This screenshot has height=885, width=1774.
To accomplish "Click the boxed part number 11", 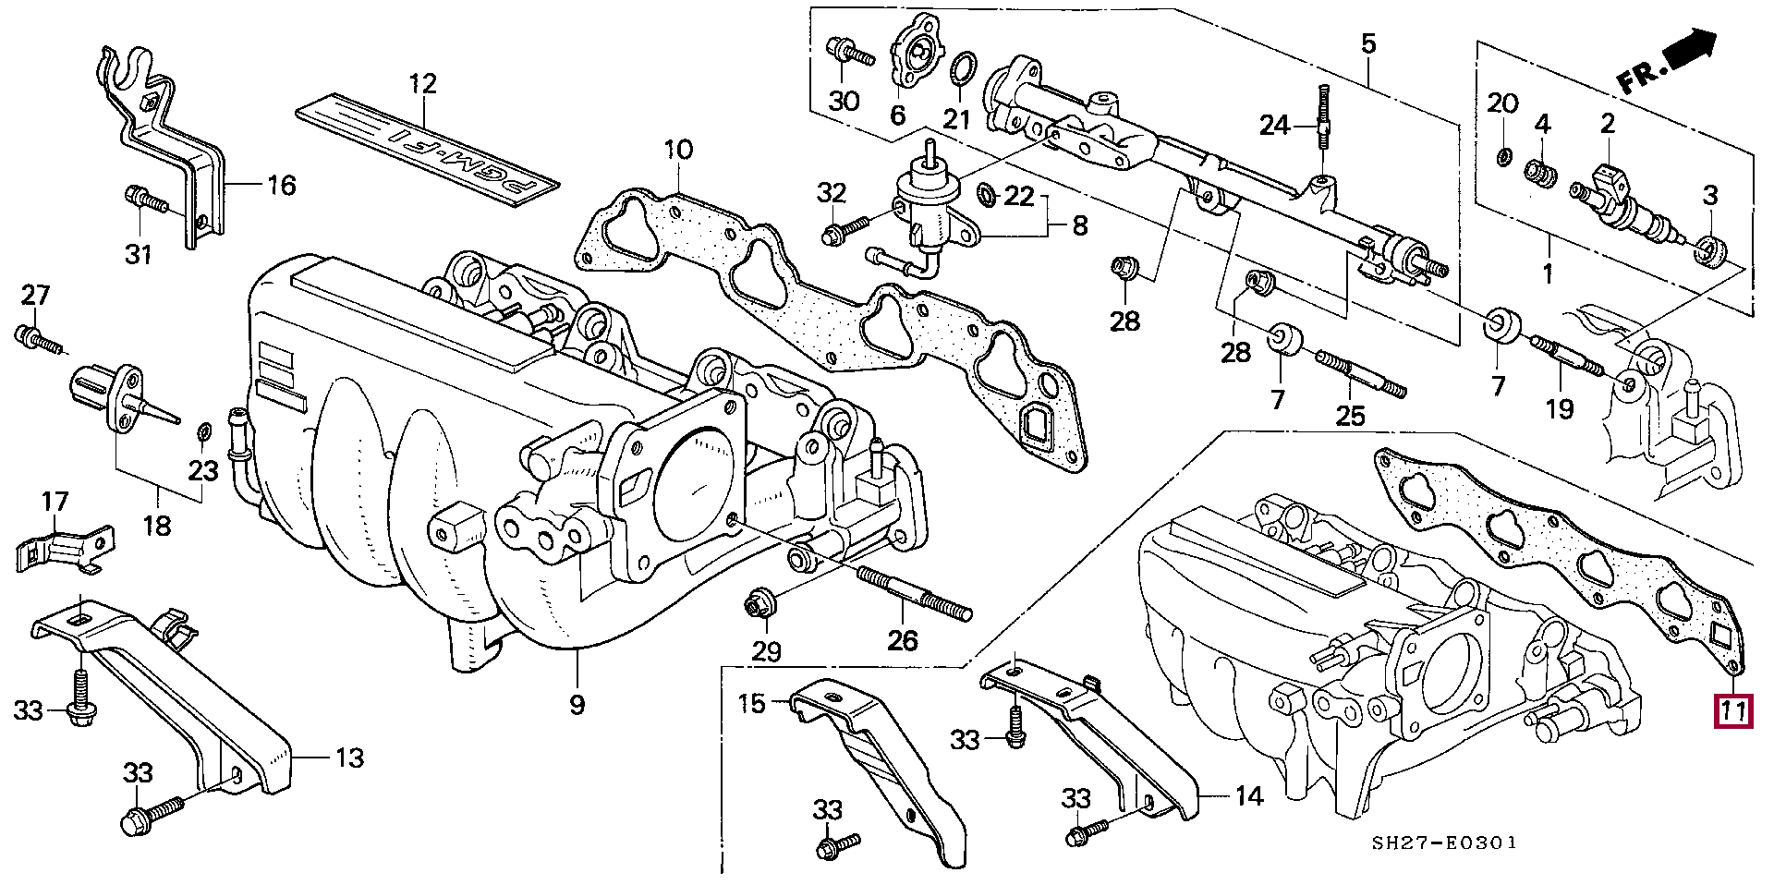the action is pyautogui.click(x=1732, y=712).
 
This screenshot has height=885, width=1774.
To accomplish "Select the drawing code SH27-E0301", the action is pyautogui.click(x=1443, y=843).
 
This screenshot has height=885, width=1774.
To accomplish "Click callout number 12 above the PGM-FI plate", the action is pyautogui.click(x=422, y=85).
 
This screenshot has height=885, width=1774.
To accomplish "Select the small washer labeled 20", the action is pyautogui.click(x=1503, y=157).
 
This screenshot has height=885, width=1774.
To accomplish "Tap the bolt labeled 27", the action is pyautogui.click(x=38, y=339).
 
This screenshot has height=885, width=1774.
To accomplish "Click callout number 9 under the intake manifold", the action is pyautogui.click(x=577, y=706).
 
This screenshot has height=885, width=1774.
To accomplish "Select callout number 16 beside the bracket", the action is pyautogui.click(x=281, y=186).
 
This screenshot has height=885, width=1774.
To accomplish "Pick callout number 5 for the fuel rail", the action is pyautogui.click(x=1368, y=42).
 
